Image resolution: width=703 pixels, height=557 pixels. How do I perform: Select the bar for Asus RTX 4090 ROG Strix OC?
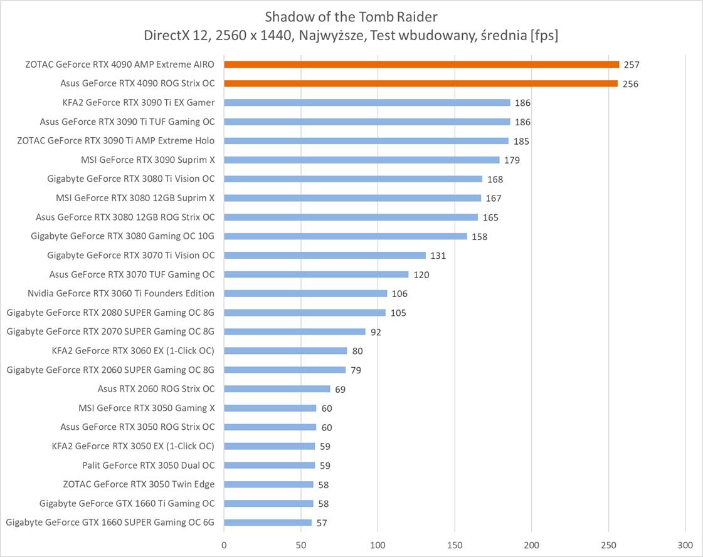tap(421, 83)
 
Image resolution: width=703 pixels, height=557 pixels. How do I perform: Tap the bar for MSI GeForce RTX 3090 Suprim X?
tap(362, 160)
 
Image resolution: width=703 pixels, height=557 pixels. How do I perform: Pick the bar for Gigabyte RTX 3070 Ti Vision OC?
tap(325, 255)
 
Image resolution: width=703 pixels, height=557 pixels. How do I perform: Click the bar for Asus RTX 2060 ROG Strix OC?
tap(277, 388)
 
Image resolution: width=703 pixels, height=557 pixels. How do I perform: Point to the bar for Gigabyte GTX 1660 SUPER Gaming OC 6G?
tap(268, 522)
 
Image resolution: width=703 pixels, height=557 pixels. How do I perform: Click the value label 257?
tap(631, 65)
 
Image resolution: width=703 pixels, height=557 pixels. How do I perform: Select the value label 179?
tap(512, 160)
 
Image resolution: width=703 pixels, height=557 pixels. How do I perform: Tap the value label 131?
tap(438, 255)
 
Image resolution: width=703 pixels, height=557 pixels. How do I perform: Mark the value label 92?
tap(376, 331)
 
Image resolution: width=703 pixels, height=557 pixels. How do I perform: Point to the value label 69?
tap(340, 389)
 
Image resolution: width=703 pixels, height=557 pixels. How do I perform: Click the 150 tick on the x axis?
tap(455, 544)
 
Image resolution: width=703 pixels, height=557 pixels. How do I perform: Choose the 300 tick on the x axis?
tap(685, 544)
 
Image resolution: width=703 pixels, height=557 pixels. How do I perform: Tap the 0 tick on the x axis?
tap(224, 544)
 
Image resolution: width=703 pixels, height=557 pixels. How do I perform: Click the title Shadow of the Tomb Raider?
tap(351, 16)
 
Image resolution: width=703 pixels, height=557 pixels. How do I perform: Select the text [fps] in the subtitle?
tap(544, 36)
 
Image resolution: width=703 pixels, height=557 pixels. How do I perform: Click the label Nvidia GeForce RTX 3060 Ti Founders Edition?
tap(121, 293)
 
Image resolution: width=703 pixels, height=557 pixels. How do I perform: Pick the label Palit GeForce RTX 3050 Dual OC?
tap(148, 465)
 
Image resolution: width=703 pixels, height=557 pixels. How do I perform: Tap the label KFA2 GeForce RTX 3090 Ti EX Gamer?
tap(139, 102)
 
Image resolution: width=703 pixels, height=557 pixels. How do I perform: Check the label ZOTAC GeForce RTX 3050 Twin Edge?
tap(139, 484)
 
